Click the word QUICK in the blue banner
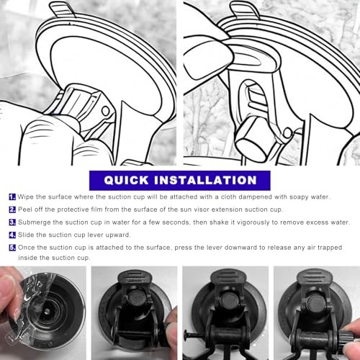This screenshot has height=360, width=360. (126, 180)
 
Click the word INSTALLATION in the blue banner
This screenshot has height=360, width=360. (205, 180)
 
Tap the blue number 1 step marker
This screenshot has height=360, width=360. (12, 197)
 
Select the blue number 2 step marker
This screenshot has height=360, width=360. (12, 210)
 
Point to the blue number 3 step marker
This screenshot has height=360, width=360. (12, 222)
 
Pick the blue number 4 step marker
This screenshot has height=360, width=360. (12, 235)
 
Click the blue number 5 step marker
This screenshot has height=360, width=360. (12, 248)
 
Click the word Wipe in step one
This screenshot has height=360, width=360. (26, 197)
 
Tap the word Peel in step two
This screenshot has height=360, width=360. (25, 210)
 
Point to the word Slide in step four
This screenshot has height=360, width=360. (26, 235)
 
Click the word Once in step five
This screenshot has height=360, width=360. (26, 248)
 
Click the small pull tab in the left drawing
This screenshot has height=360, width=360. (62, 9)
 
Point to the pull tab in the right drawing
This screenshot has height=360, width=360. (244, 9)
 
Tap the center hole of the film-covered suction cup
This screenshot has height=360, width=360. (48, 311)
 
